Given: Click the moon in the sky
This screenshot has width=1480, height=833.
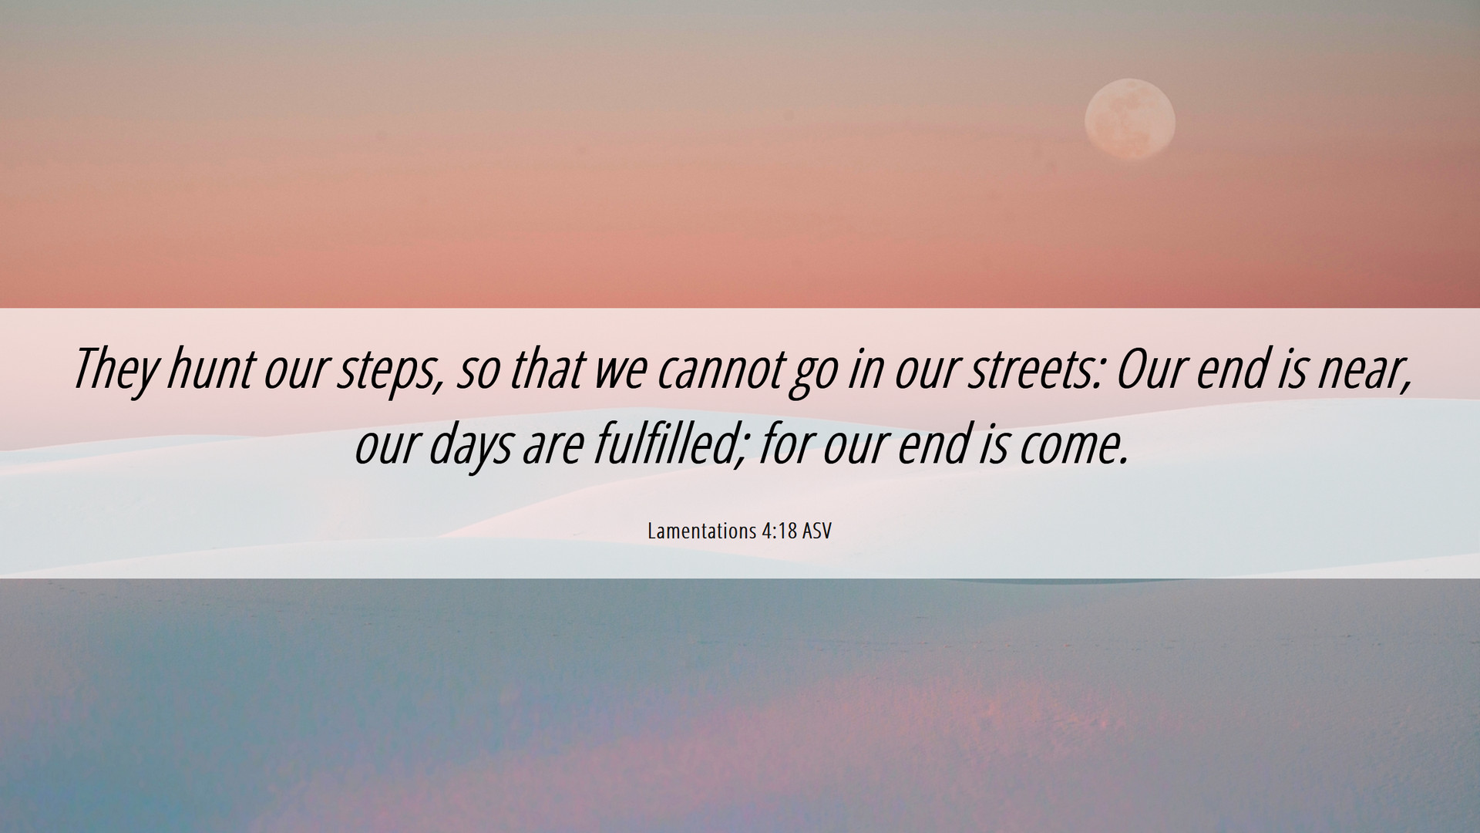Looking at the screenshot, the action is [1129, 120].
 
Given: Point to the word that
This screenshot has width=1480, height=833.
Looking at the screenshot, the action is [545, 368].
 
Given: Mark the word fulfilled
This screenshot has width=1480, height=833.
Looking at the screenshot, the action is [669, 445].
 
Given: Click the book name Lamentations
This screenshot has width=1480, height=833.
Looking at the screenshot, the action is [702, 531].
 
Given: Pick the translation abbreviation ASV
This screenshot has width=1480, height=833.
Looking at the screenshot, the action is [817, 531].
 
